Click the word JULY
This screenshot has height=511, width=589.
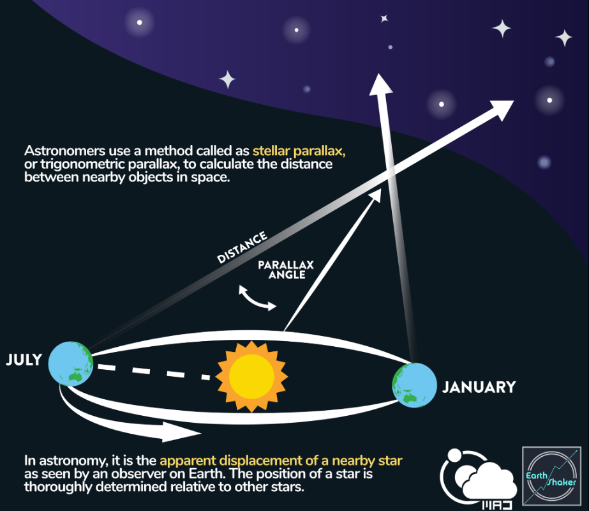(x=24, y=360)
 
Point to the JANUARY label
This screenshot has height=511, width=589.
(x=479, y=387)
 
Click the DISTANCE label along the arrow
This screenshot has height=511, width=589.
(x=242, y=248)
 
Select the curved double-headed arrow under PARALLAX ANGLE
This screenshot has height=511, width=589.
(x=258, y=298)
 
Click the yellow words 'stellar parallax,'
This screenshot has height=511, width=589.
(x=299, y=152)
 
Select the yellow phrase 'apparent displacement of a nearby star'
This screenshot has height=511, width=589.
(x=281, y=461)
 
